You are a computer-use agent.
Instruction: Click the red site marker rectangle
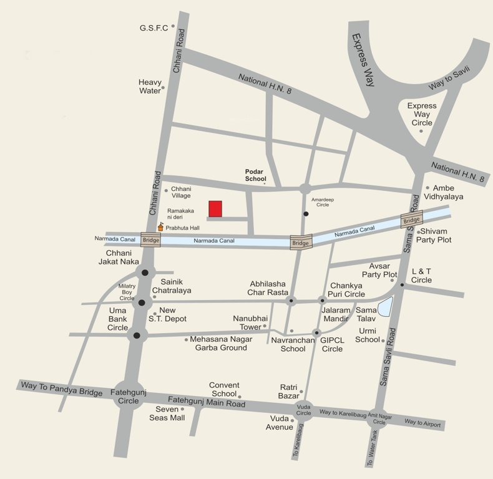coord(215,208)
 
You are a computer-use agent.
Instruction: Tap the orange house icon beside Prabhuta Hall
coord(160,228)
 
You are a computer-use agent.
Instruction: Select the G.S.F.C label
coord(154,28)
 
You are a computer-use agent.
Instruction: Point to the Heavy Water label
coord(150,87)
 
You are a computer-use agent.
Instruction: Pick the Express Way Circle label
coord(421,114)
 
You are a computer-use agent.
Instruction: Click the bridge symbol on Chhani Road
coord(150,239)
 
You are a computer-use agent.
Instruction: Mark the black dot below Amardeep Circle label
coord(306,214)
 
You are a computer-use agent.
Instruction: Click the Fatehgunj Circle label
coord(128,397)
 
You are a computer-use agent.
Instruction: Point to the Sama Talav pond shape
coord(384,306)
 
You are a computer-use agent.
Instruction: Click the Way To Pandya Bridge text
coord(61,389)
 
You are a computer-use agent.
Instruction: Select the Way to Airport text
coord(422,423)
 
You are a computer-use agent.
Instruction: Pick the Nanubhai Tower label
coord(246,322)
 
